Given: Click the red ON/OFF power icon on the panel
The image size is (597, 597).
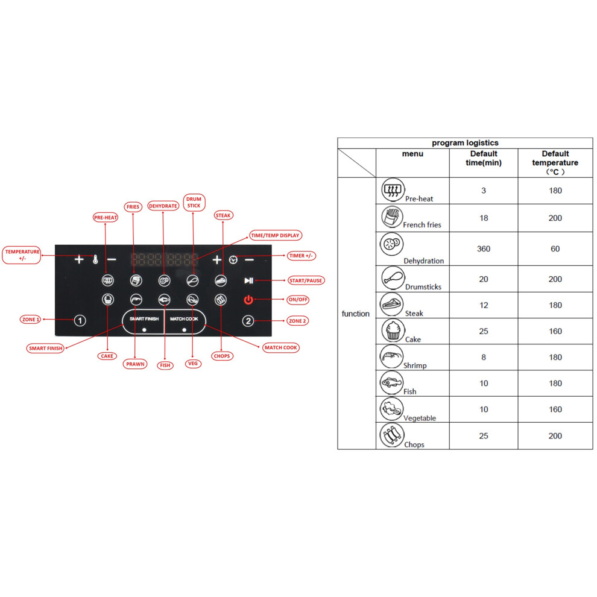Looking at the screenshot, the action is pyautogui.click(x=248, y=300).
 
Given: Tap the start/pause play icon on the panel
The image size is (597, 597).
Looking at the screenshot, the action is pyautogui.click(x=248, y=280).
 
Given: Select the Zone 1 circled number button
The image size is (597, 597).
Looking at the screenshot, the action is pyautogui.click(x=80, y=321).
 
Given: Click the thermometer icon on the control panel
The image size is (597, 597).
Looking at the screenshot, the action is pyautogui.click(x=95, y=260).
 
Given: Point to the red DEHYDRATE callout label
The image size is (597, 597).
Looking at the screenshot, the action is pyautogui.click(x=163, y=206).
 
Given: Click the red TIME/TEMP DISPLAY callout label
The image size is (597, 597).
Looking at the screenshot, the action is pyautogui.click(x=275, y=235).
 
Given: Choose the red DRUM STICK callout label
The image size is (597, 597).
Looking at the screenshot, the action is pyautogui.click(x=194, y=202).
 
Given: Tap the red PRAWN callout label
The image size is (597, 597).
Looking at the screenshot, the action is pyautogui.click(x=135, y=364).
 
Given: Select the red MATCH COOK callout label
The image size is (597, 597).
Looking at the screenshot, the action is pyautogui.click(x=281, y=347).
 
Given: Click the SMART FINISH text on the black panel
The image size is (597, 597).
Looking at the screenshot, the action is pyautogui.click(x=144, y=318).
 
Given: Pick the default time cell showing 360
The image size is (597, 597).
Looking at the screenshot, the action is pyautogui.click(x=484, y=248).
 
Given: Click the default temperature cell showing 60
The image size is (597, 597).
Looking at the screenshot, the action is pyautogui.click(x=555, y=248).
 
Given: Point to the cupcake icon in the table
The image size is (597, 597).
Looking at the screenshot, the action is pyautogui.click(x=393, y=330).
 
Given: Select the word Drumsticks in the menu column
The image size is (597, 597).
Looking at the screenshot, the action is pyautogui.click(x=423, y=286).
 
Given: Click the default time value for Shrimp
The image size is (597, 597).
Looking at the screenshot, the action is pyautogui.click(x=484, y=357).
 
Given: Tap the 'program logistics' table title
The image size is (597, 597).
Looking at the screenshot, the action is pyautogui.click(x=465, y=143).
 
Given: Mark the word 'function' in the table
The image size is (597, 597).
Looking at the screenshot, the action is pyautogui.click(x=356, y=314).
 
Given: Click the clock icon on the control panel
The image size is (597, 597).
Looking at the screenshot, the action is pyautogui.click(x=233, y=260).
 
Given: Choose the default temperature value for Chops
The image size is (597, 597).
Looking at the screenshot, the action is pyautogui.click(x=555, y=436).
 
